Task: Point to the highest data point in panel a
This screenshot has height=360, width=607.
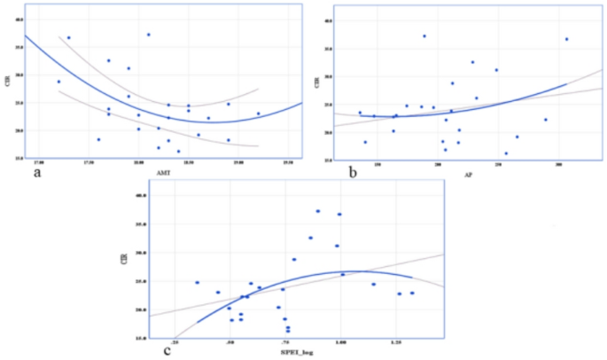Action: [149, 35]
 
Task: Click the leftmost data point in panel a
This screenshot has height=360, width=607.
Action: [59, 82]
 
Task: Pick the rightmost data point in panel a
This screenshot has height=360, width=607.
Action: [258, 113]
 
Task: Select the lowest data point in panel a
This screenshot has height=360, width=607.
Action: [178, 151]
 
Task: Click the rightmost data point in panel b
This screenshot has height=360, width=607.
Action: [565, 39]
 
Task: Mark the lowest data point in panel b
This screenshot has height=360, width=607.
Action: [506, 153]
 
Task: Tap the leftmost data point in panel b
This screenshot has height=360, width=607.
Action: [360, 113]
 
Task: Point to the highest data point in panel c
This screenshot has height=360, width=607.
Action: [317, 211]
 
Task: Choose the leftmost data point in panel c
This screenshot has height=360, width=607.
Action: [197, 283]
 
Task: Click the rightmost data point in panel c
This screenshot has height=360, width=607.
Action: [411, 293]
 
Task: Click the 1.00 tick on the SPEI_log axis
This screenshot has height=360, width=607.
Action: [340, 341]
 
